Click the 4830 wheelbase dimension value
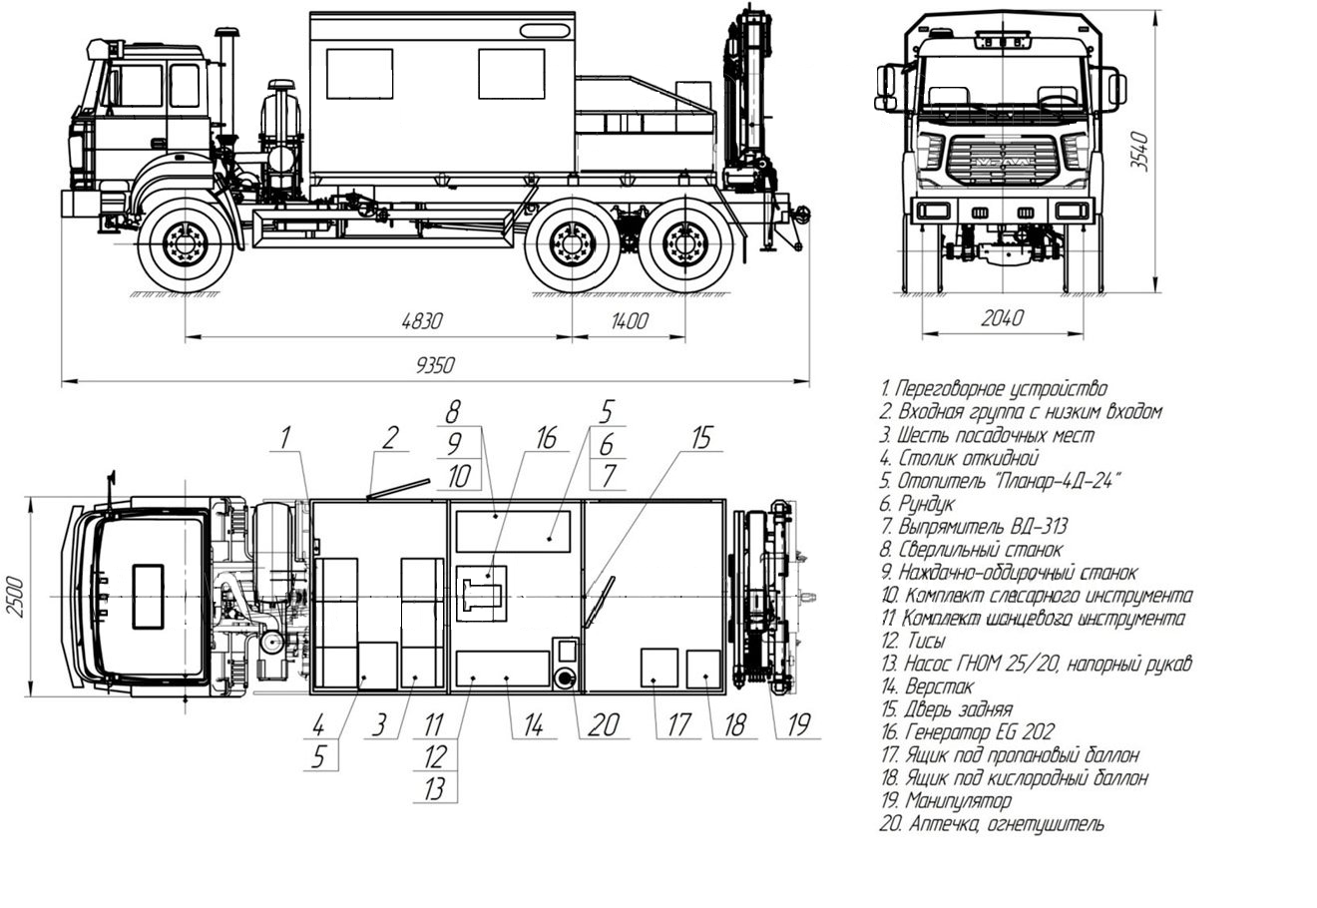click(x=422, y=321)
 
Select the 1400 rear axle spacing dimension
click(x=629, y=321)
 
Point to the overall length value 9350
click(x=435, y=366)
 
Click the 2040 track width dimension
click(x=1002, y=318)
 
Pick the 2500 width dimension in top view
click(x=17, y=597)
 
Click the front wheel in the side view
click(x=185, y=244)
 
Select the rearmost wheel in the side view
click(x=684, y=244)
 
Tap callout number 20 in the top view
click(x=603, y=724)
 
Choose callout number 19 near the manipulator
click(x=796, y=724)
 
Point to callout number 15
click(x=703, y=437)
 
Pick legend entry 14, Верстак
click(x=940, y=686)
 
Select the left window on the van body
click(x=359, y=74)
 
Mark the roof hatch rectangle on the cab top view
click(x=148, y=597)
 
